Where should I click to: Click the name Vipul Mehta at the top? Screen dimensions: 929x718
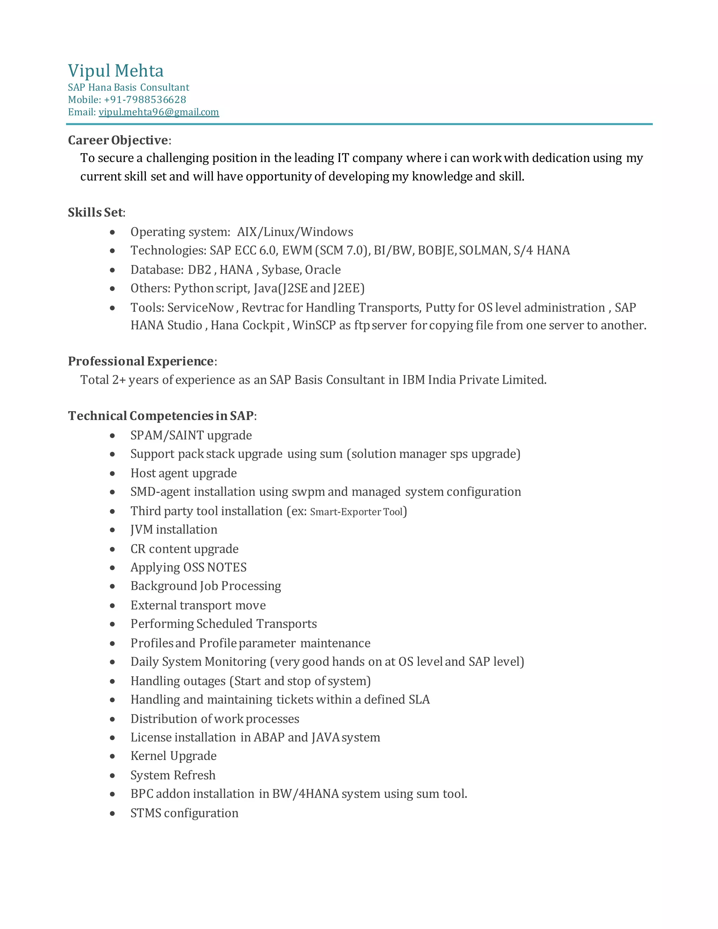[116, 70]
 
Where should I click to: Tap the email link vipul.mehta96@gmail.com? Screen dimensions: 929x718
[159, 112]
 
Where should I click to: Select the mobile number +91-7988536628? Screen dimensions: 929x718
[145, 100]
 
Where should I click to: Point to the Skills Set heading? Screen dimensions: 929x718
[96, 212]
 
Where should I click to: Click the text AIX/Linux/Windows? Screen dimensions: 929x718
[295, 232]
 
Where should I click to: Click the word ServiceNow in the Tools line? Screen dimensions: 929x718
[200, 307]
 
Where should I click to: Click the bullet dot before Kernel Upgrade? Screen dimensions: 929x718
[112, 756]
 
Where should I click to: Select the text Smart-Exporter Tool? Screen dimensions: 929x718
[356, 512]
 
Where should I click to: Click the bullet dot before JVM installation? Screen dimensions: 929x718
[112, 530]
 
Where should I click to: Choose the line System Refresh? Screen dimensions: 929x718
[173, 775]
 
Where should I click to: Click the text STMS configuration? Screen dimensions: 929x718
[184, 813]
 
